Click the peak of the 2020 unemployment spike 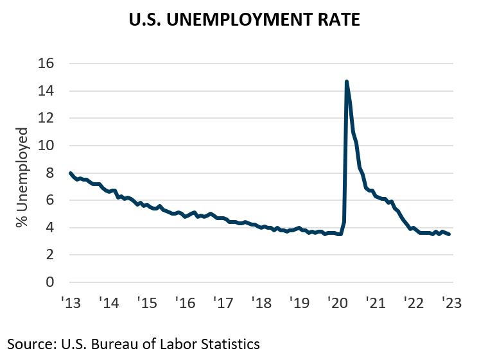347,81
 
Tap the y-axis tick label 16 46,64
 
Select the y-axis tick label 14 46,92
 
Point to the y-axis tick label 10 46,146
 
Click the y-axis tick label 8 50,173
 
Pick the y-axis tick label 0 50,282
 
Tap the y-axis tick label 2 50,255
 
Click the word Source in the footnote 28,344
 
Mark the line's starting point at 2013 70,173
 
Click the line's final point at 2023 449,234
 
